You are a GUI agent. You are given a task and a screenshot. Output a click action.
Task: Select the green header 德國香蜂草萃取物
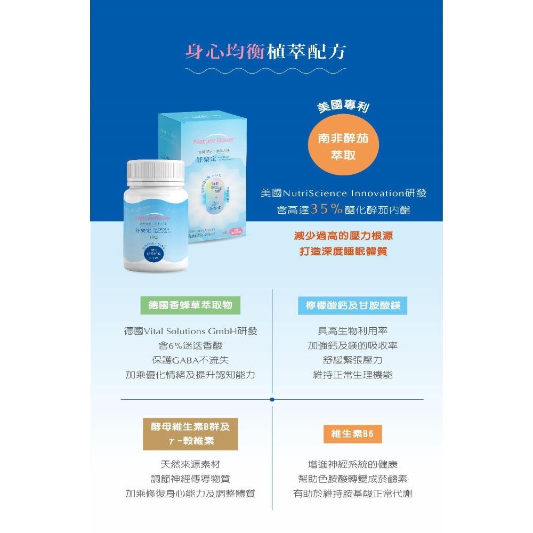(190, 305)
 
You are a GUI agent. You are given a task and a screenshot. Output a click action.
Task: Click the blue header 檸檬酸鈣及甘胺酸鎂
(353, 305)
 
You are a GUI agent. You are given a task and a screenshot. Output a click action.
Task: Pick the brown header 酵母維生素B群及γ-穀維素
(190, 434)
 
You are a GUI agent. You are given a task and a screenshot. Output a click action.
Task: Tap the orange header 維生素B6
(353, 434)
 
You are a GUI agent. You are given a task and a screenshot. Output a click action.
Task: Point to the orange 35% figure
(327, 209)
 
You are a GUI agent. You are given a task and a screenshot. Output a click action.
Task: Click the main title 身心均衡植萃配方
(266, 52)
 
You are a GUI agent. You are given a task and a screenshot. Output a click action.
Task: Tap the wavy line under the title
(266, 70)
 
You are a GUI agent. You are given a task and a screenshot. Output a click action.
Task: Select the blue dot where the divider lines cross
(272, 399)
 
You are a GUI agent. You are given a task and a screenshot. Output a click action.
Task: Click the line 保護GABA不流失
(190, 360)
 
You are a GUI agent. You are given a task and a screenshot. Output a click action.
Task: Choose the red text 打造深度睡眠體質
(343, 252)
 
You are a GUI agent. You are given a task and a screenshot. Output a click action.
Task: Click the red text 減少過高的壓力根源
(343, 236)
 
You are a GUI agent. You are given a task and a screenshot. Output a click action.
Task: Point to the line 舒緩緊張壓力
(353, 360)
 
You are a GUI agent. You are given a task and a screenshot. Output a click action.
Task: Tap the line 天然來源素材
(190, 464)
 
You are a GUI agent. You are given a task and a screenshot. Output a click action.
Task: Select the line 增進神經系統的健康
(353, 464)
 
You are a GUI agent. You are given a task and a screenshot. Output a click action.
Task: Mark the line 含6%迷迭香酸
(190, 346)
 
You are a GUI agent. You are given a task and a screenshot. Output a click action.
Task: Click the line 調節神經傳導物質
(190, 479)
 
